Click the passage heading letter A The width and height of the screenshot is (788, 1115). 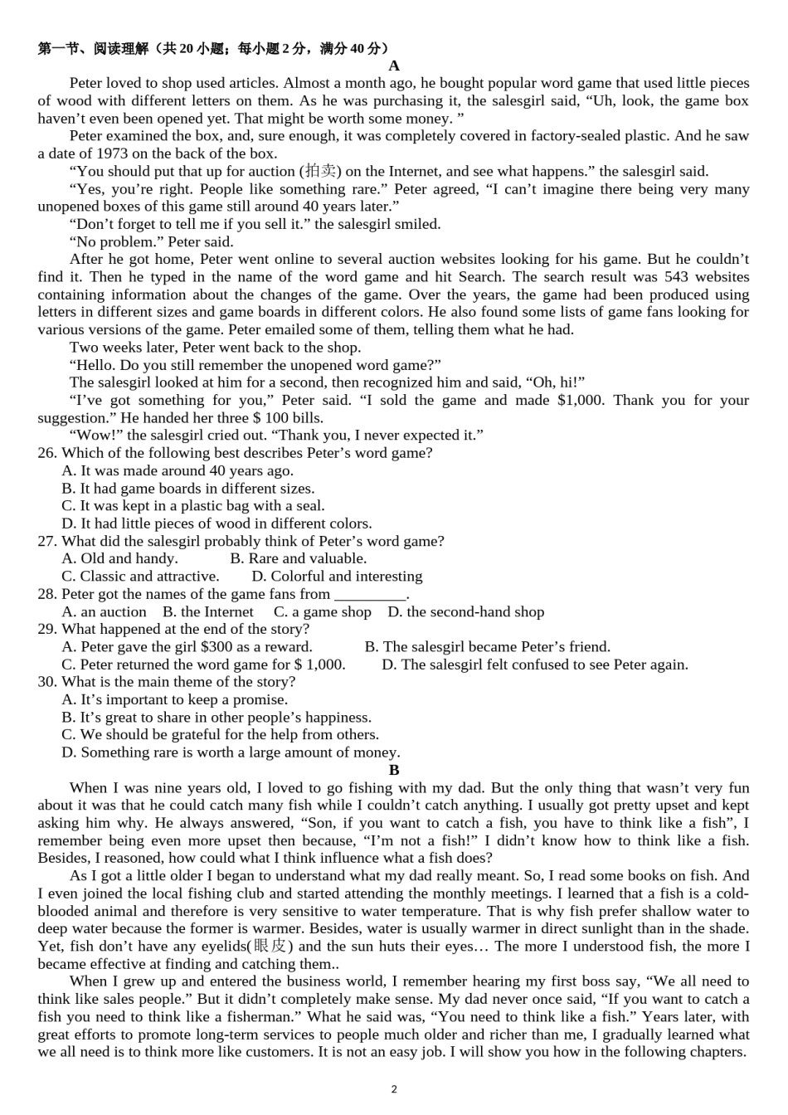click(x=394, y=66)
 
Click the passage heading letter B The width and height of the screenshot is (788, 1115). click(x=394, y=770)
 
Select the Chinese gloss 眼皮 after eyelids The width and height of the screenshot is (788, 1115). click(x=270, y=947)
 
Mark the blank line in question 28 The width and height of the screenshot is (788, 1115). click(x=370, y=594)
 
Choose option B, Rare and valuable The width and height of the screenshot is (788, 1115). click(x=299, y=559)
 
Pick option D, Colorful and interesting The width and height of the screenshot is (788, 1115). click(x=337, y=577)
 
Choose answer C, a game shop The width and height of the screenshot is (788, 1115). click(x=323, y=612)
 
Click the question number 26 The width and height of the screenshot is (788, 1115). click(x=47, y=453)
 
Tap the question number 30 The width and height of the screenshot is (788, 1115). click(x=47, y=682)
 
